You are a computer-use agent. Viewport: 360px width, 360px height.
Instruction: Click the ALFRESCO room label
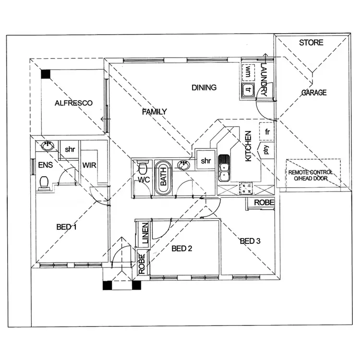point(73,103)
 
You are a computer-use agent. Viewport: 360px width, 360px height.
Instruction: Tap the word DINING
point(204,88)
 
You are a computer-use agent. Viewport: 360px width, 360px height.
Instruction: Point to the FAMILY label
point(155,112)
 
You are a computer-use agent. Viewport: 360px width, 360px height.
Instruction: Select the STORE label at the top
point(311,43)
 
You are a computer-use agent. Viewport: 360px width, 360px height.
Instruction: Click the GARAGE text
point(314,93)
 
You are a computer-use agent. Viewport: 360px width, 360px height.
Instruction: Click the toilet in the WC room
point(142,169)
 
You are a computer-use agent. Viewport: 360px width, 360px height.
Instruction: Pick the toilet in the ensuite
point(45,182)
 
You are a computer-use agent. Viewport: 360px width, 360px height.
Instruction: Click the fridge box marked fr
point(266,131)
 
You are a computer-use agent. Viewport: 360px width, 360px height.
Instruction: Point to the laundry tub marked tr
point(248,89)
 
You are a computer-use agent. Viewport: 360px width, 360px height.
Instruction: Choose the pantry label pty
point(265,150)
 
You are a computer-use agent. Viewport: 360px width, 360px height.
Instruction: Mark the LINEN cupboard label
point(144,231)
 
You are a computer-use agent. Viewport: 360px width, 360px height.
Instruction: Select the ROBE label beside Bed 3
point(264,203)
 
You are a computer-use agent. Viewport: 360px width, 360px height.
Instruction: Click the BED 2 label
point(182,249)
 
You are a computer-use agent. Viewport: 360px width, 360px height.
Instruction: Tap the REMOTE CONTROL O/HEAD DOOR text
point(313,175)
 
